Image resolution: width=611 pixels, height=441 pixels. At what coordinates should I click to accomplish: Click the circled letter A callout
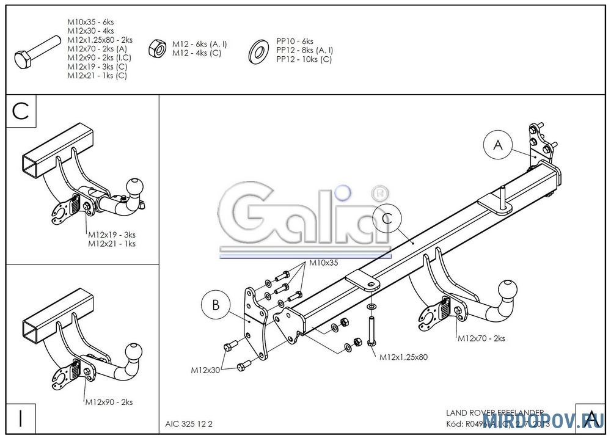(498, 145)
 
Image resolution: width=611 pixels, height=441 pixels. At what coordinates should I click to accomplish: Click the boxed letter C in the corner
(21, 111)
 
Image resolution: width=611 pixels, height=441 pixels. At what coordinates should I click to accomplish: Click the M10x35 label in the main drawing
(323, 263)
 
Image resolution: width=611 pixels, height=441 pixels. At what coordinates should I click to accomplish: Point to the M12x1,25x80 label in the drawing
(403, 357)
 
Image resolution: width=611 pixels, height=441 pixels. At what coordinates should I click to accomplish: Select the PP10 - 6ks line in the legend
(295, 42)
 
